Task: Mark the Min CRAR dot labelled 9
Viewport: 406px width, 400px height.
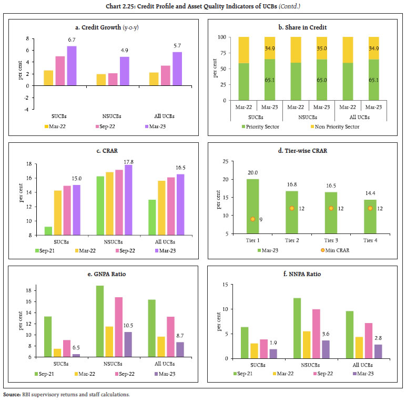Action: pos(252,219)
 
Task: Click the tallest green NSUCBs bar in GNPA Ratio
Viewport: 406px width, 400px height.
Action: pos(99,321)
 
